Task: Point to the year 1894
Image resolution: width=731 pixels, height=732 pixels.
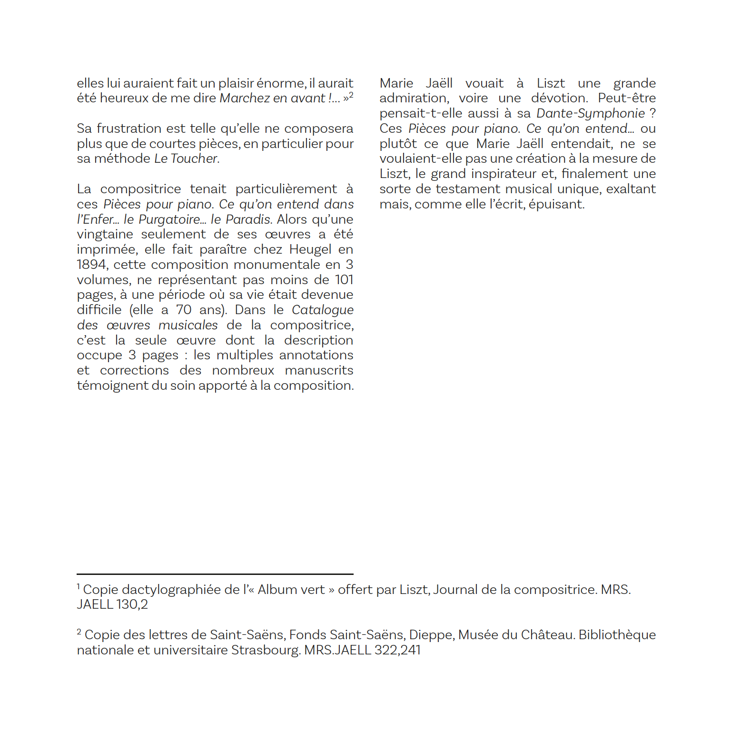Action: click(x=92, y=265)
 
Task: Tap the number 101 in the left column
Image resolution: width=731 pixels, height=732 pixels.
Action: click(x=344, y=280)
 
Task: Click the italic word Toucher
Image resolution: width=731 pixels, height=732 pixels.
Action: click(x=194, y=158)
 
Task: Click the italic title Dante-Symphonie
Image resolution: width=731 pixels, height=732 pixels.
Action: click(x=591, y=113)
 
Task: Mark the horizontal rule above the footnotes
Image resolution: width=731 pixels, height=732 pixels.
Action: click(x=215, y=574)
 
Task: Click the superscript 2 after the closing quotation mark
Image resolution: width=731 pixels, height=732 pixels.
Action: click(x=351, y=95)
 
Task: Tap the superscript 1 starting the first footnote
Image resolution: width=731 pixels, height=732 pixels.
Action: click(x=79, y=586)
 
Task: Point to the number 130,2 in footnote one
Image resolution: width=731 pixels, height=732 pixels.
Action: click(x=132, y=604)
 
